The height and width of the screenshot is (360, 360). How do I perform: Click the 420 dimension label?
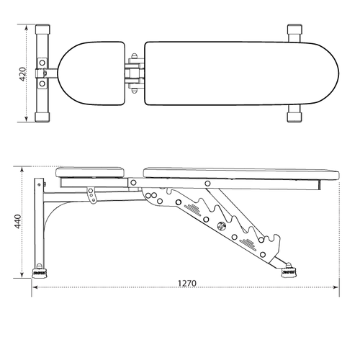pyautogui.click(x=24, y=73)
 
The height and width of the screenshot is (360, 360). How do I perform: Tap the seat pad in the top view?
pyautogui.click(x=91, y=73)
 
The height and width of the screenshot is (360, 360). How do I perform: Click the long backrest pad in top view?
pyautogui.click(x=241, y=73)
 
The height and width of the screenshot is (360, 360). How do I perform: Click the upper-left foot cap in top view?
pyautogui.click(x=42, y=32)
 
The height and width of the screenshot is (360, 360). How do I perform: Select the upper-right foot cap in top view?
pyautogui.click(x=295, y=32)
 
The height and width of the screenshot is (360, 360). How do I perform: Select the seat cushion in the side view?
pyautogui.click(x=91, y=173)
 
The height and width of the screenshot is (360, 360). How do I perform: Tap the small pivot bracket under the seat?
pyautogui.click(x=91, y=194)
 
